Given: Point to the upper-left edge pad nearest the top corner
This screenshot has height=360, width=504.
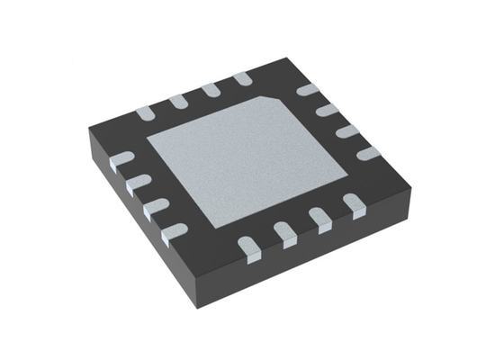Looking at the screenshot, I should (x=241, y=80).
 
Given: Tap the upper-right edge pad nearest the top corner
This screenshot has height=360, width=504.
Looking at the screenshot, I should (x=308, y=90).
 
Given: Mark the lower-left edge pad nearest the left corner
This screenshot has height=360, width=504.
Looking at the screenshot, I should (x=118, y=162).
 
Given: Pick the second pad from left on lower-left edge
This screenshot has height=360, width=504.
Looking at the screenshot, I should (x=136, y=184).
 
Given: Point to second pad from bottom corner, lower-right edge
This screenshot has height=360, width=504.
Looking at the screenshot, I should (x=286, y=234).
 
